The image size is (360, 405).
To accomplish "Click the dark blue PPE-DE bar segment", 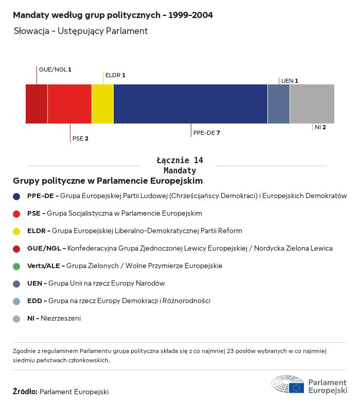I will pyautogui.click(x=190, y=104).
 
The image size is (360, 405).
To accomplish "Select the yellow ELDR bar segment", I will pyautogui.click(x=102, y=104).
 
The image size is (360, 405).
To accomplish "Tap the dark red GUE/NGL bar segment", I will pyautogui.click(x=37, y=104).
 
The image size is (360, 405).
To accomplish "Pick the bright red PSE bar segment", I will pyautogui.click(x=69, y=104).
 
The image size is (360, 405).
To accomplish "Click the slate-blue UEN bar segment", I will pyautogui.click(x=279, y=104).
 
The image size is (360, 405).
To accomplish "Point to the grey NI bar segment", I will pyautogui.click(x=312, y=104).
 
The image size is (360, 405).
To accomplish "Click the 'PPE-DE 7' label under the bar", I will pyautogui.click(x=207, y=133).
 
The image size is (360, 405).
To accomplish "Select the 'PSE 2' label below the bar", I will pyautogui.click(x=80, y=138).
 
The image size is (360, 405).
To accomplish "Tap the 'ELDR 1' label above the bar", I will pyautogui.click(x=115, y=75).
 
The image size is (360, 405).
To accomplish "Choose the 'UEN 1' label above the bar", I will pyautogui.click(x=290, y=81).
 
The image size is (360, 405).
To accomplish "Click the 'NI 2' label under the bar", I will pyautogui.click(x=320, y=127).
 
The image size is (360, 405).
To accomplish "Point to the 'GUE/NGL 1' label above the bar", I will pyautogui.click(x=55, y=69).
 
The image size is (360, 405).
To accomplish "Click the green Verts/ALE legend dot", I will pyautogui.click(x=16, y=266).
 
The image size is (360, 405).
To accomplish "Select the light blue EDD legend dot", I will pyautogui.click(x=16, y=301).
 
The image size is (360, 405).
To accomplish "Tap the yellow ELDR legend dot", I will pyautogui.click(x=16, y=231).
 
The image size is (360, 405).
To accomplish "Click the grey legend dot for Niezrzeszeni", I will pyautogui.click(x=16, y=319).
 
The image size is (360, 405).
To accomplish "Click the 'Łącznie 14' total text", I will pyautogui.click(x=179, y=161).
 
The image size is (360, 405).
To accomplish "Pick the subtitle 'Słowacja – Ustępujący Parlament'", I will pyautogui.click(x=81, y=31).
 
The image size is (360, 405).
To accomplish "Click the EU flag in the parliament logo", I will pyautogui.click(x=296, y=387).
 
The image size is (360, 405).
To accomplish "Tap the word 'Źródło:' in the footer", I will pyautogui.click(x=25, y=392).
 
